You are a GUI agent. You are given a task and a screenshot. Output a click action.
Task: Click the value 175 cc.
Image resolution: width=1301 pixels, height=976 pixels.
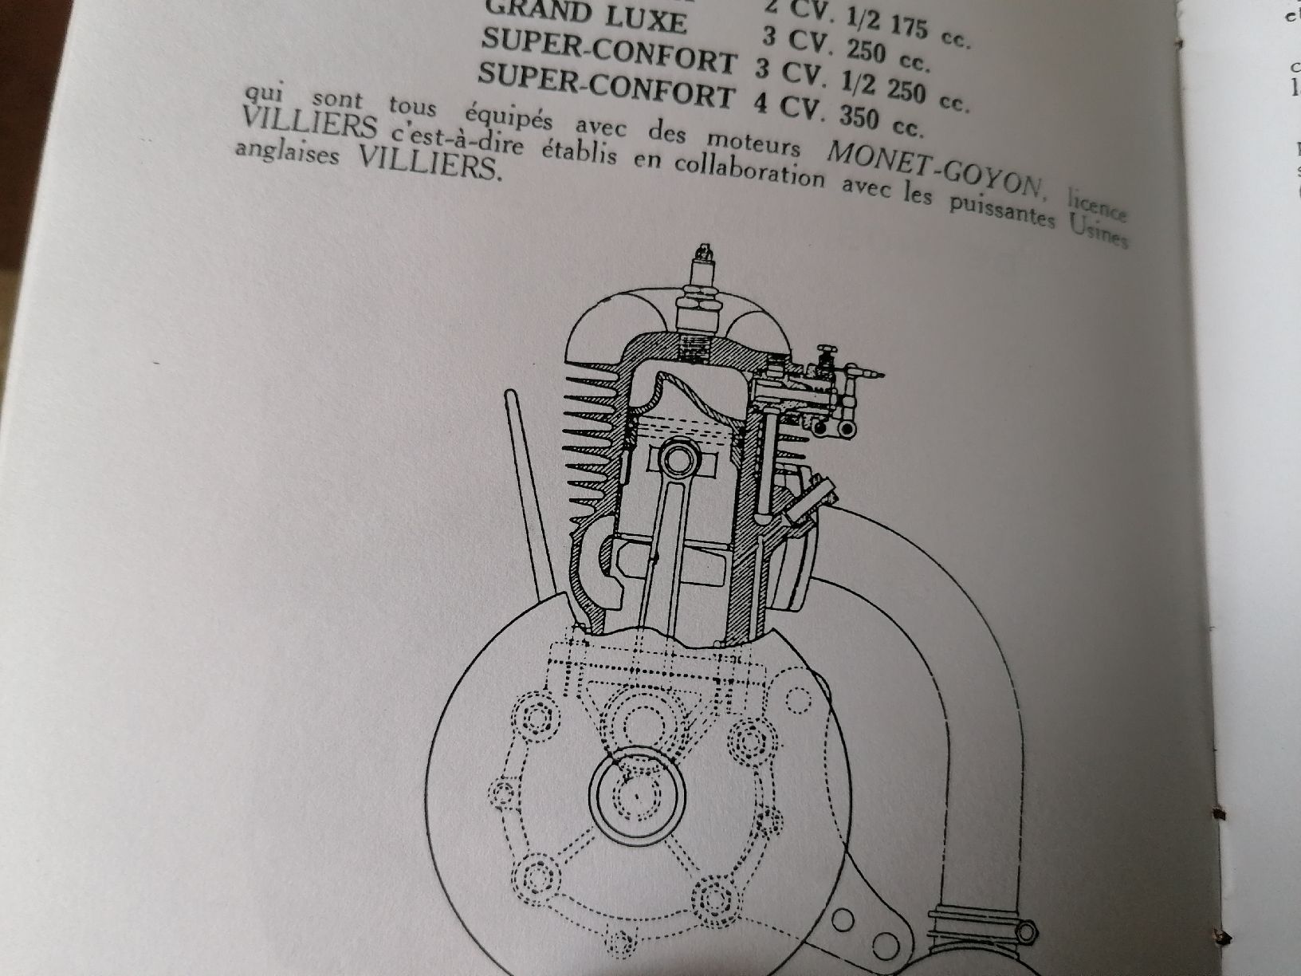(925, 32)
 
